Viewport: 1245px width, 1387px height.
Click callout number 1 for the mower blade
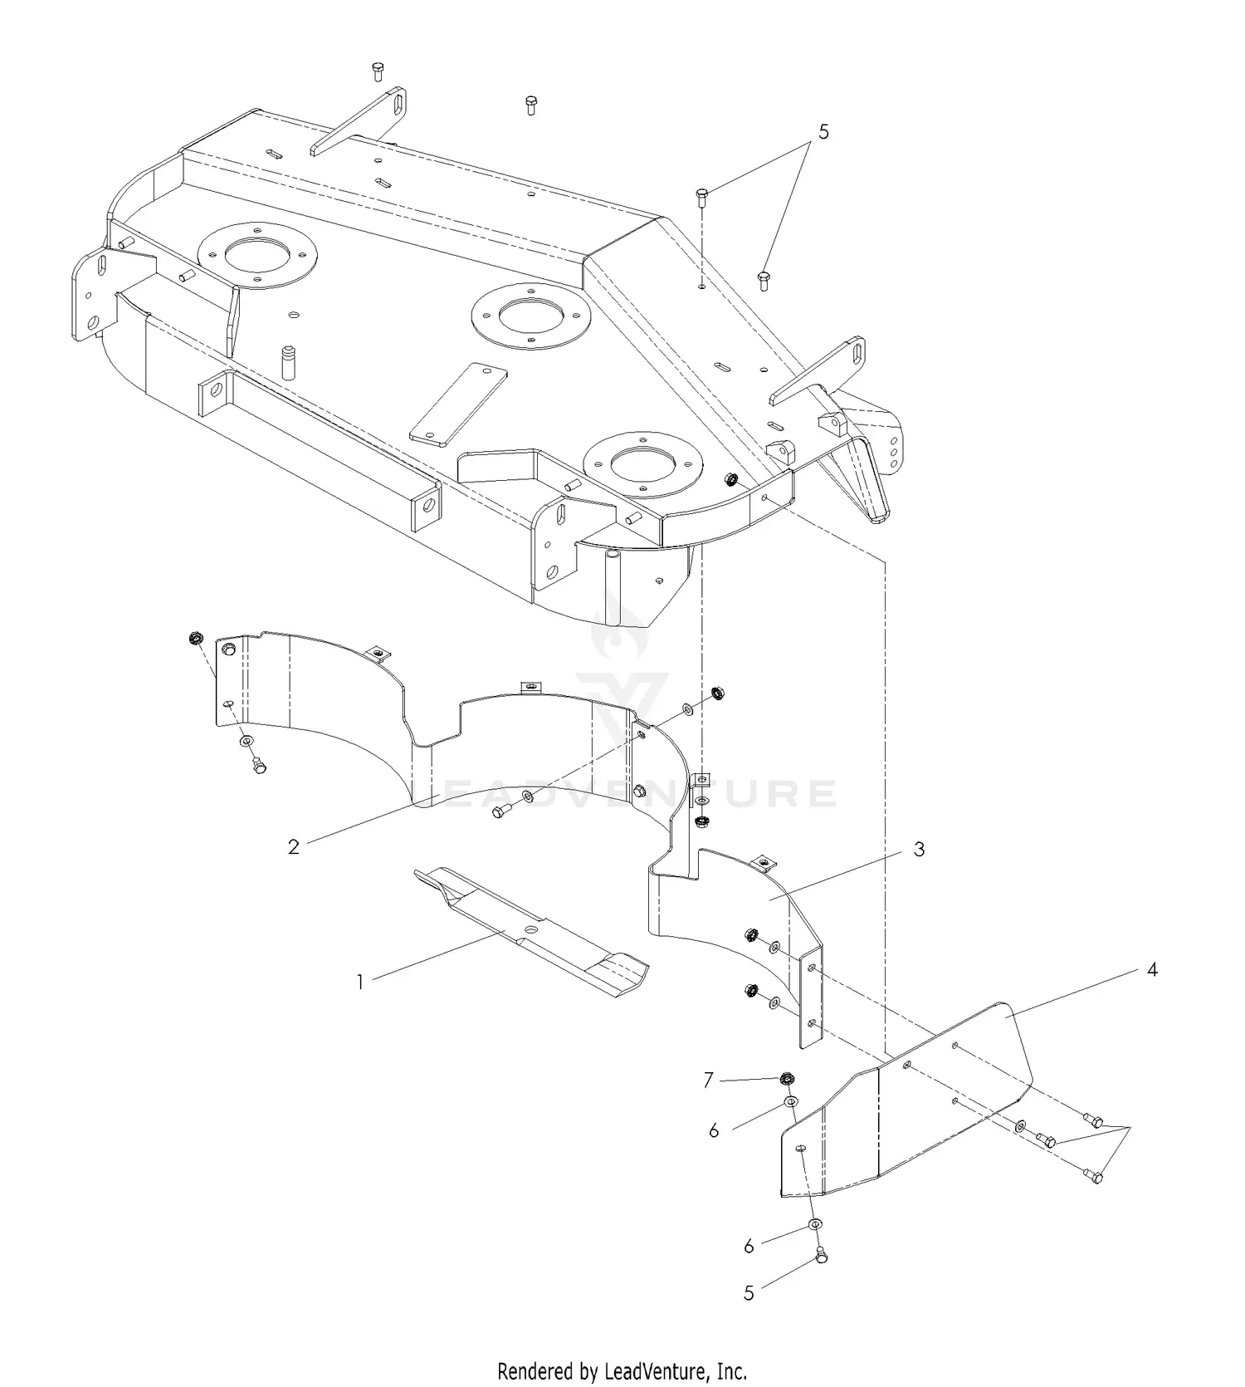point(359,982)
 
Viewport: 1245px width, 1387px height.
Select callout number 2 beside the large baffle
point(293,846)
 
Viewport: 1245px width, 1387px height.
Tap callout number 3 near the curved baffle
point(919,850)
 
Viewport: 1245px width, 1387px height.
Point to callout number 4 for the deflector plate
point(1152,969)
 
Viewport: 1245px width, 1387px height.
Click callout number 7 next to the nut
point(708,1080)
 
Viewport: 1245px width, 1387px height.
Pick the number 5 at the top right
point(823,131)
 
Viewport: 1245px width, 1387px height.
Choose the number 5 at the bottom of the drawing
point(749,1293)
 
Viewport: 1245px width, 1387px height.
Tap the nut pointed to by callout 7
point(784,1081)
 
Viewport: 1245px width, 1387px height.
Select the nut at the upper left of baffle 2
point(196,639)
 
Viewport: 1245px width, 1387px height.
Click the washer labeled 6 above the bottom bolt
point(815,1226)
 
